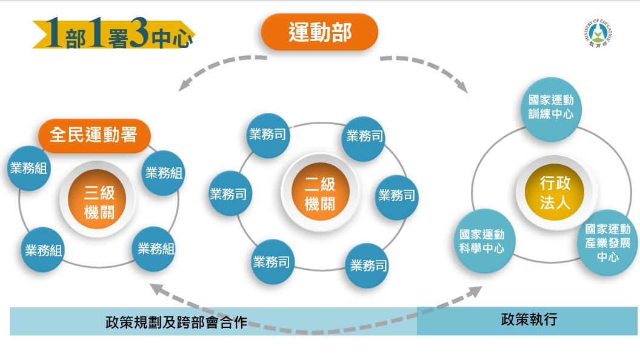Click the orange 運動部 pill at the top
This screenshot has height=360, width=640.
tap(319, 32)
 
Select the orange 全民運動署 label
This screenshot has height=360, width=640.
tap(95, 135)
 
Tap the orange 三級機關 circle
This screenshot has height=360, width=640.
tap(98, 199)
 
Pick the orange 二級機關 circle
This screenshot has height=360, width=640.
tap(320, 192)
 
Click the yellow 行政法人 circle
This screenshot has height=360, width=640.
tap(555, 192)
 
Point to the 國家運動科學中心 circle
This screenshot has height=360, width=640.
tap(483, 241)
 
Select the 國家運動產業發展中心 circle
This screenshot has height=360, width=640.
tap(608, 243)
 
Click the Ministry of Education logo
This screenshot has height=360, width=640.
tap(598, 33)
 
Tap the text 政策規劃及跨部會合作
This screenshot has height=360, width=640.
tap(176, 322)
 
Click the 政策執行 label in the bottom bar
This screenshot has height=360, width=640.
tap(529, 319)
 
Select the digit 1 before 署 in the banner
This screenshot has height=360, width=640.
tap(96, 32)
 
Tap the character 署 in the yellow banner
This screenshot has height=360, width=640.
tap(118, 38)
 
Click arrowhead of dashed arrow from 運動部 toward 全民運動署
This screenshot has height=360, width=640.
tap(184, 85)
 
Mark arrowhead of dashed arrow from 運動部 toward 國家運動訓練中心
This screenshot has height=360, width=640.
tap(462, 86)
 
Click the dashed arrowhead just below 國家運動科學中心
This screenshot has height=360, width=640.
tap(475, 291)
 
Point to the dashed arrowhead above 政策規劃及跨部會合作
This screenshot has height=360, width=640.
tap(158, 288)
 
